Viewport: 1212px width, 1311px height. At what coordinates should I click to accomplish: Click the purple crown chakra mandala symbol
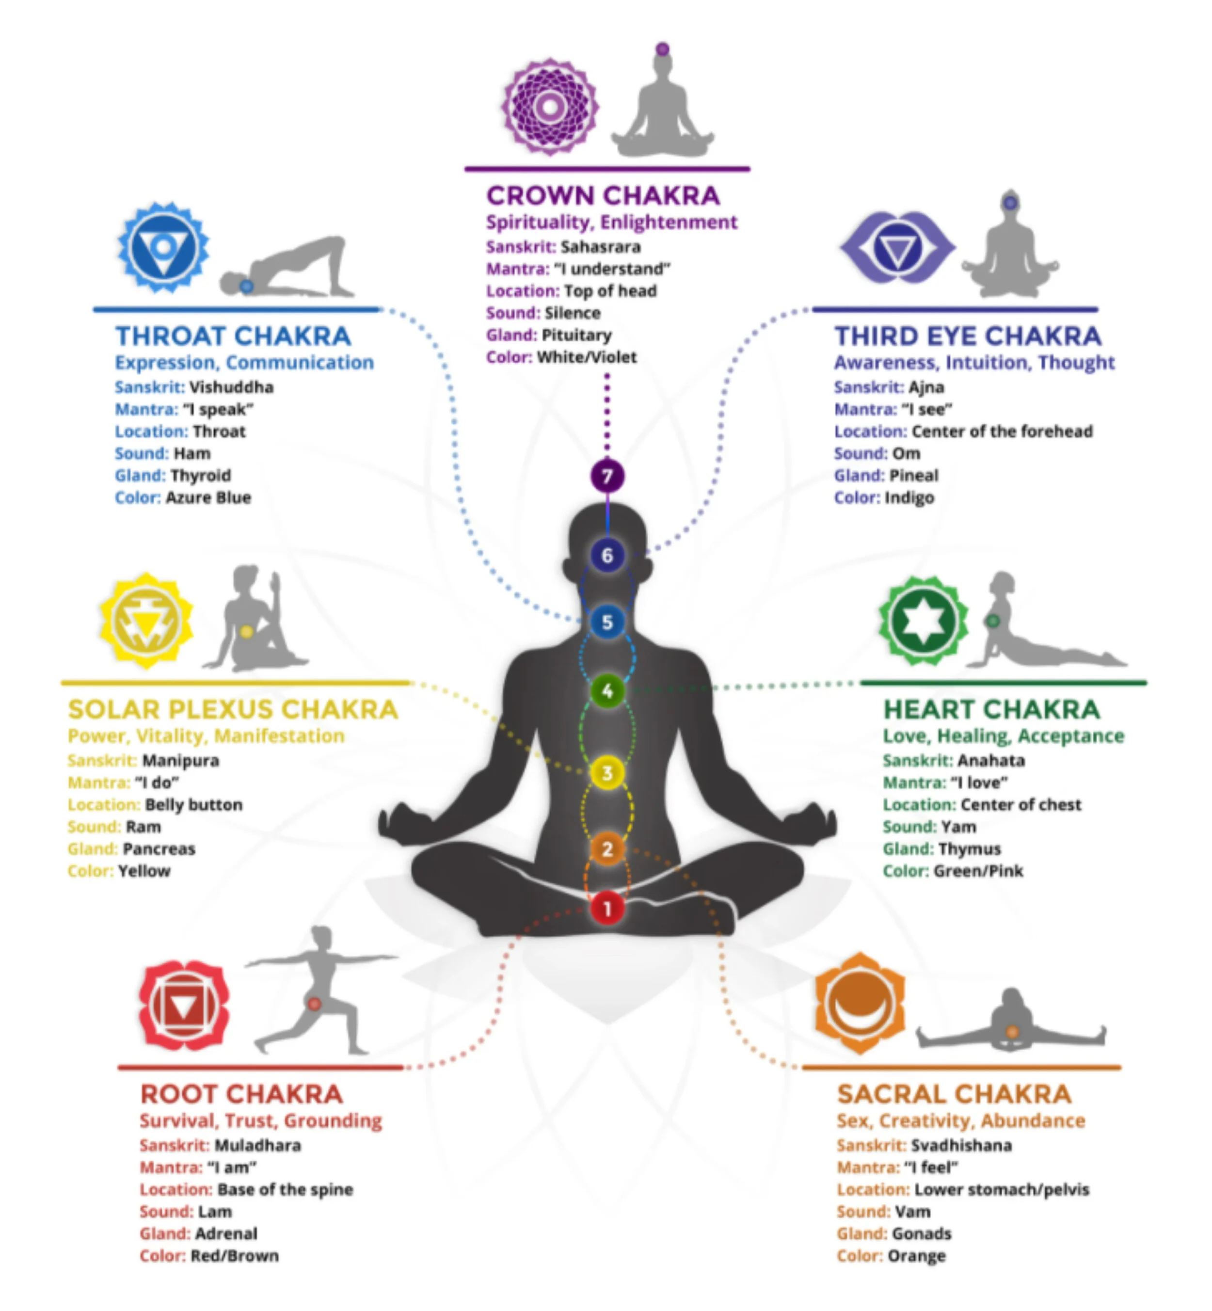click(550, 106)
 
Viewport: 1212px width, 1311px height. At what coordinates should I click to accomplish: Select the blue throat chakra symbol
click(163, 248)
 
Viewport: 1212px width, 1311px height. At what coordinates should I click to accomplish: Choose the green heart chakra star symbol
click(923, 621)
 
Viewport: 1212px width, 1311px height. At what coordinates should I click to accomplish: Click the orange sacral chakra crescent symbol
click(860, 1002)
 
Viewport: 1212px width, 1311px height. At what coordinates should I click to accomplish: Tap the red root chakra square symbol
click(184, 1006)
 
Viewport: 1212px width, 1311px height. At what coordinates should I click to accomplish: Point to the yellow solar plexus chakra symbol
click(146, 621)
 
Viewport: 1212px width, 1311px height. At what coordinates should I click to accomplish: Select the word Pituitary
click(576, 335)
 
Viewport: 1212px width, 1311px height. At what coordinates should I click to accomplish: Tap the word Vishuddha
click(231, 387)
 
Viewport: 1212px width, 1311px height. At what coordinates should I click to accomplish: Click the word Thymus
click(969, 848)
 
